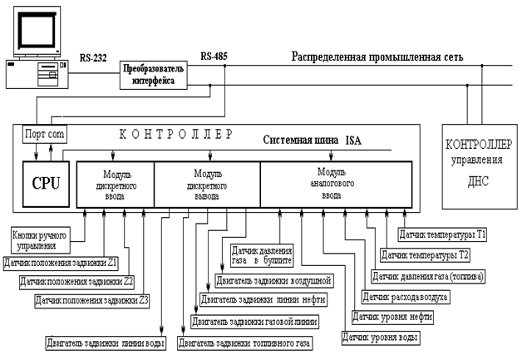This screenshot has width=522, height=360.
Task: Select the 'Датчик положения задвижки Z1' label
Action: (x=58, y=264)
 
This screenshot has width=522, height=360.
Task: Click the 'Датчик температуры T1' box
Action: (x=443, y=235)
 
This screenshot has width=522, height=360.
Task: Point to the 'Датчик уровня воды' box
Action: (x=382, y=338)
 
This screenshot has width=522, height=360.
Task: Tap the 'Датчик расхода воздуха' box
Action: (x=405, y=296)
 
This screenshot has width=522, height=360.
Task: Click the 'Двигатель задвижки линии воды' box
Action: (x=105, y=343)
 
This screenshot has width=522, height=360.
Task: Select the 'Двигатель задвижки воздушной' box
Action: (x=273, y=279)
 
